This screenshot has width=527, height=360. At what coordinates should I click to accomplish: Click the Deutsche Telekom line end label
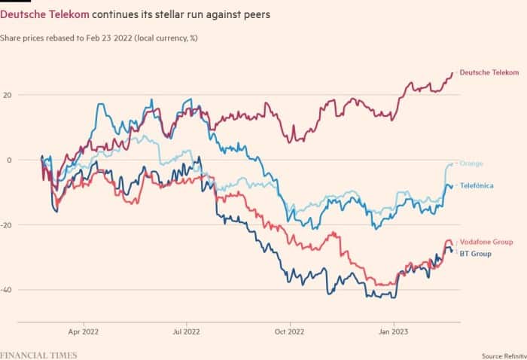coord(489,72)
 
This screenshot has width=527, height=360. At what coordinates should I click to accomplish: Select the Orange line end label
coord(471,163)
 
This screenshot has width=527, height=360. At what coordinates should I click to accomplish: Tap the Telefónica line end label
coord(477,185)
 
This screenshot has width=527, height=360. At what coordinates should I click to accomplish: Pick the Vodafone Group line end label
coord(486,242)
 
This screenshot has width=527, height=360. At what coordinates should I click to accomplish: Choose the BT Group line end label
coord(475,254)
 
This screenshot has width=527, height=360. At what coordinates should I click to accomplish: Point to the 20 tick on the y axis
coord(7,95)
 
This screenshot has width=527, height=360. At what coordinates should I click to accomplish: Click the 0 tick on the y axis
coord(9,160)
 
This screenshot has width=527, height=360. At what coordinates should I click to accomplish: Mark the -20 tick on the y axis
coord(6,225)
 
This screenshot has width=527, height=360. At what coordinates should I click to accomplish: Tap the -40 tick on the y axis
coord(6,290)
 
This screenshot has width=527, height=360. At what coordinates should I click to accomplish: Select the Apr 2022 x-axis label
coord(84,332)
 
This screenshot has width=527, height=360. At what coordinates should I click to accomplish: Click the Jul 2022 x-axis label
coord(186,332)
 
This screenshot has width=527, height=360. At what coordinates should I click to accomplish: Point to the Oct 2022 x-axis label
coord(289,332)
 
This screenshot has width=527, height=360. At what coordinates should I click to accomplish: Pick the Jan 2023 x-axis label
coord(394,332)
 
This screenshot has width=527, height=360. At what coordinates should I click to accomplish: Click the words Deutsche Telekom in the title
coord(44,15)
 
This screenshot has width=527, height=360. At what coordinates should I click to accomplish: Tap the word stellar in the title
coord(169,15)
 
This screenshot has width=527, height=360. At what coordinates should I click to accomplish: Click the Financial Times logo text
coord(38,355)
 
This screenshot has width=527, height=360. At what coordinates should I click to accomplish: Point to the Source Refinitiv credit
coord(504,356)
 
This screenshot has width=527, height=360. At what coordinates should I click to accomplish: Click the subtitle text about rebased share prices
coord(99,38)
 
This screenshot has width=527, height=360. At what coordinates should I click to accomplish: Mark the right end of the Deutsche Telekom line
coord(452,72)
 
